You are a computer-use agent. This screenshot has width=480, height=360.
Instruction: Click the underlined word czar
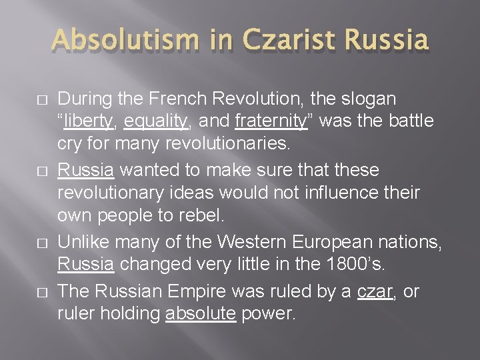click(x=375, y=291)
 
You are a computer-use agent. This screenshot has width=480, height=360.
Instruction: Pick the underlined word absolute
click(x=201, y=313)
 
